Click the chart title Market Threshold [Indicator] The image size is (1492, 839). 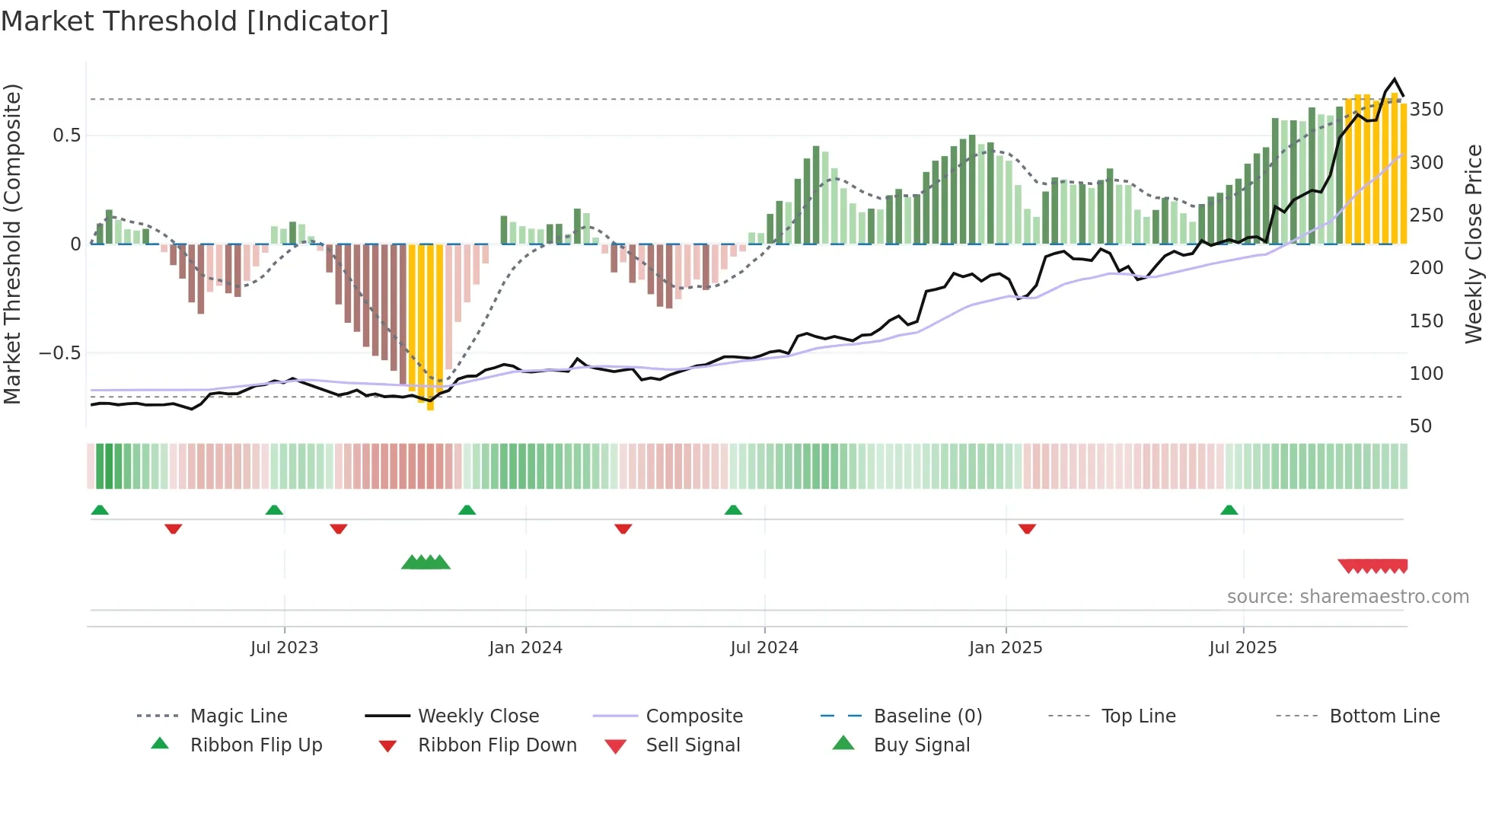195,21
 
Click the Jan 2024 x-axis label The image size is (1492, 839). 525,648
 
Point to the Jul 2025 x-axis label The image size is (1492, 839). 1242,648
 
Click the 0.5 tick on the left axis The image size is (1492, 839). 67,136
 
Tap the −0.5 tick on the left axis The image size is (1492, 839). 60,353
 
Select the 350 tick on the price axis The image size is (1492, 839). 1426,110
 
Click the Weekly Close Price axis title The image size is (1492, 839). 1474,244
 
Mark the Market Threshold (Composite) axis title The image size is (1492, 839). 12,244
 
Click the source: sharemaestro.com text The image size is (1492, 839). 1347,597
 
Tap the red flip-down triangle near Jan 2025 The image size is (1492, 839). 1027,528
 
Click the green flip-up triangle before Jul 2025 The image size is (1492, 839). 1229,510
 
